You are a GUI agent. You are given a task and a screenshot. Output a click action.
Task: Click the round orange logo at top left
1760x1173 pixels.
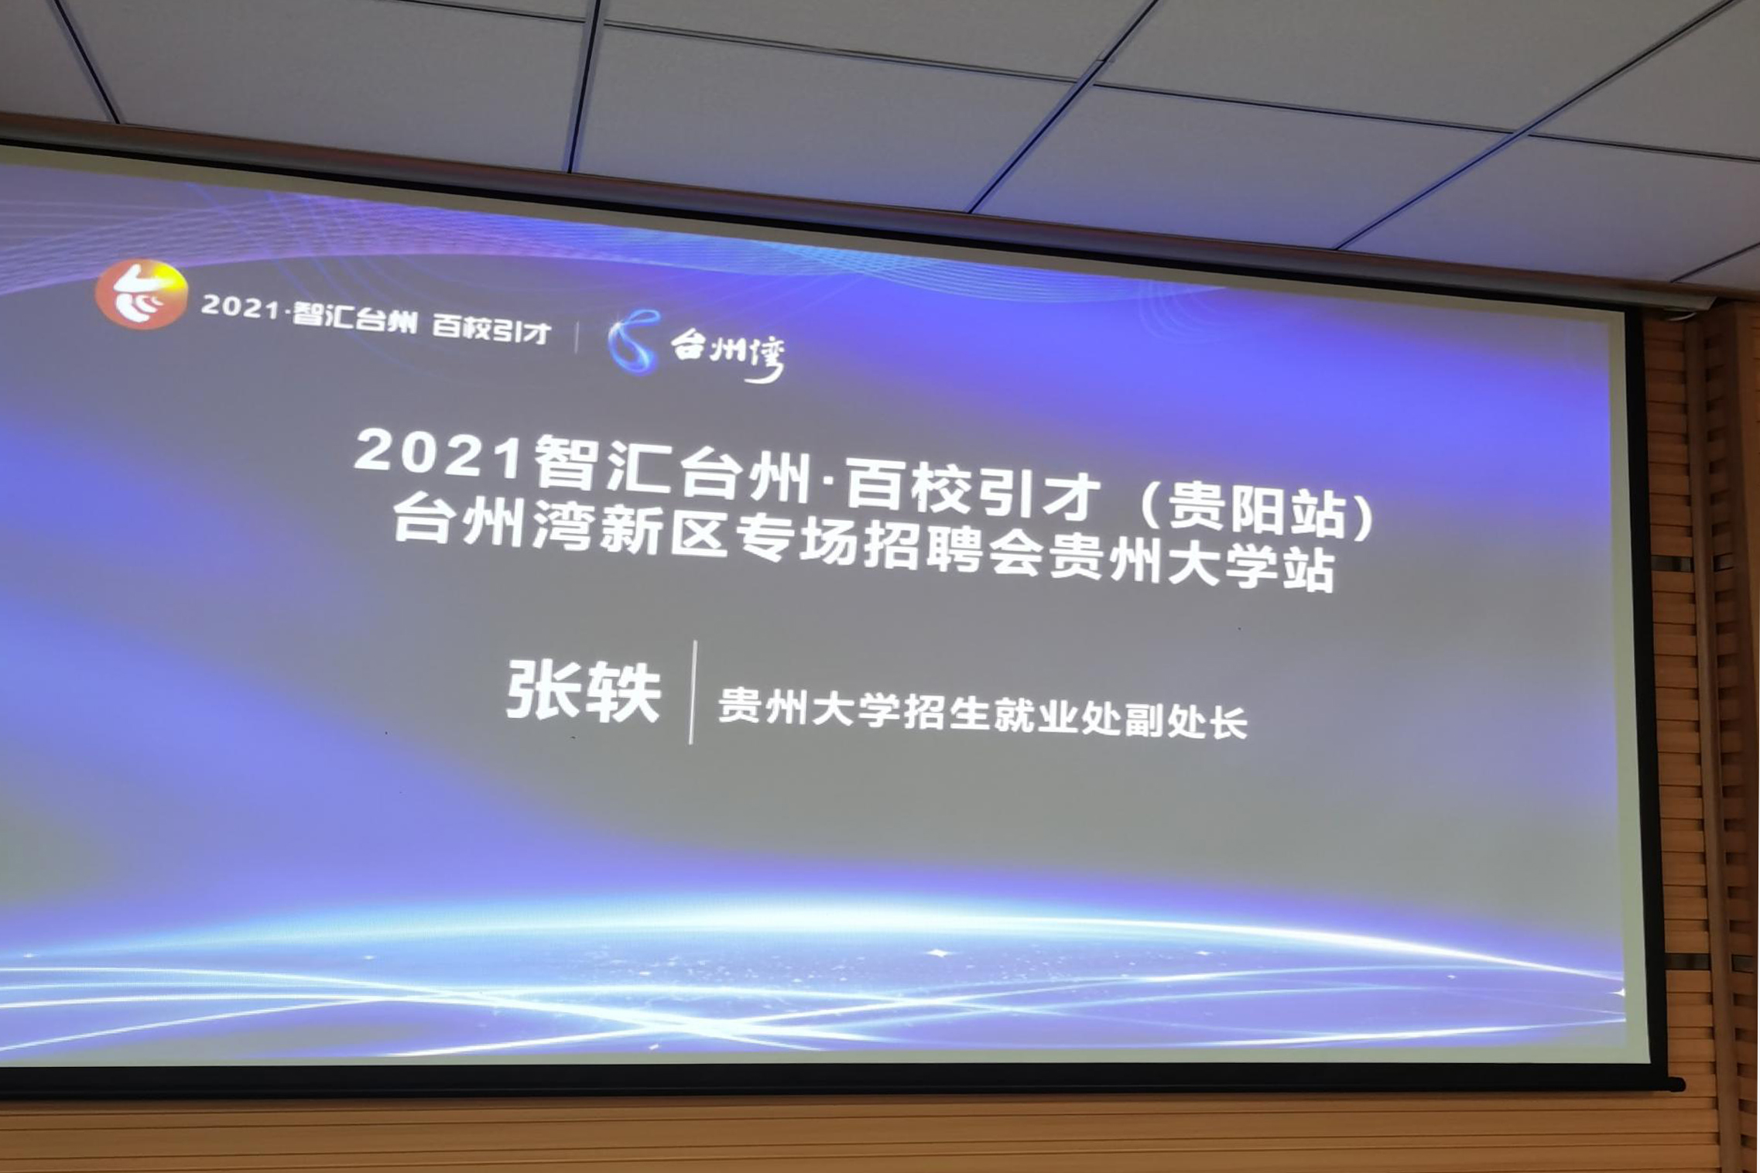click(x=141, y=294)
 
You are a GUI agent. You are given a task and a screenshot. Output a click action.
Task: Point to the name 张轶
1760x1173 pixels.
click(x=584, y=691)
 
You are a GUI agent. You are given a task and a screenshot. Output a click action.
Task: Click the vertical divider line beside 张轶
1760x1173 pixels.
click(x=693, y=693)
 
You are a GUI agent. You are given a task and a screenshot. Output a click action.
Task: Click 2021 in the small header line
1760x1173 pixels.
click(x=240, y=307)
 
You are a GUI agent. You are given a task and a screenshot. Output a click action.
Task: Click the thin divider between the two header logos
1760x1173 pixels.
click(x=577, y=337)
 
